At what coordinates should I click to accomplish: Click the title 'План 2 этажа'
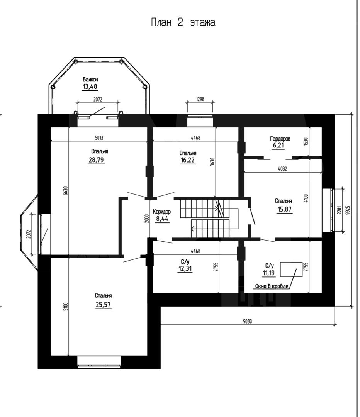pyautogui.click(x=183, y=23)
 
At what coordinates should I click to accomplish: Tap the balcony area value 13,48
pyautogui.click(x=90, y=86)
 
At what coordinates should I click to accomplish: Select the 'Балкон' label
pyautogui.click(x=90, y=79)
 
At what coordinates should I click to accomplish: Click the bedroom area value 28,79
pyautogui.click(x=96, y=160)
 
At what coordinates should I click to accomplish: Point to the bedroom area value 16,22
pyautogui.click(x=187, y=160)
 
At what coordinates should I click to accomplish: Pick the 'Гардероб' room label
pyautogui.click(x=280, y=139)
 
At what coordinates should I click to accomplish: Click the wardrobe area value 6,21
pyautogui.click(x=278, y=146)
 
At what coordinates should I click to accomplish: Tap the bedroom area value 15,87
pyautogui.click(x=284, y=209)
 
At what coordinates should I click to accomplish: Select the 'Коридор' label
pyautogui.click(x=162, y=212)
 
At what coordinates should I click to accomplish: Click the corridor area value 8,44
pyautogui.click(x=162, y=219)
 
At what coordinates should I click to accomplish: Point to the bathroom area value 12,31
pyautogui.click(x=185, y=269)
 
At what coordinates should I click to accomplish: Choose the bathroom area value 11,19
pyautogui.click(x=268, y=273)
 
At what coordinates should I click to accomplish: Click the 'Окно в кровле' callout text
pyautogui.click(x=272, y=286)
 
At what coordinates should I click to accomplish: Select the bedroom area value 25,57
pyautogui.click(x=103, y=305)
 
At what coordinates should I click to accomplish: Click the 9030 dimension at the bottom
pyautogui.click(x=247, y=321)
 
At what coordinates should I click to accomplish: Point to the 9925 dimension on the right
pyautogui.click(x=348, y=210)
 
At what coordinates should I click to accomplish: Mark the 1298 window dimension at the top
pyautogui.click(x=200, y=99)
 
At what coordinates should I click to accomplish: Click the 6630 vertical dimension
pyautogui.click(x=66, y=191)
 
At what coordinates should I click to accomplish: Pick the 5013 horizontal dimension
pyautogui.click(x=99, y=138)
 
